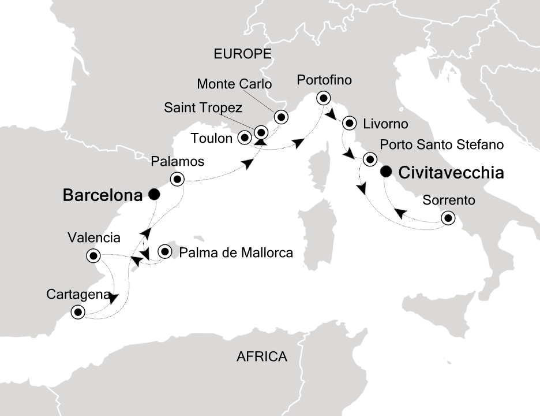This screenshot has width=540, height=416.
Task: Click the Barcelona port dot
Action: [x=153, y=195]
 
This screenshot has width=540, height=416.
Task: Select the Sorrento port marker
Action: [x=447, y=218]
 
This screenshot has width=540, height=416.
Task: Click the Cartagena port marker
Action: [x=77, y=313]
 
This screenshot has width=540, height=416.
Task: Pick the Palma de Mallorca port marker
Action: [x=166, y=251]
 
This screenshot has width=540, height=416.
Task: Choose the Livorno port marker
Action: [x=349, y=123]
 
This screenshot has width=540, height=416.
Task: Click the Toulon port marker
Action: [x=245, y=138]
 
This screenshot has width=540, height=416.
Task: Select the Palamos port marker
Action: [x=176, y=179]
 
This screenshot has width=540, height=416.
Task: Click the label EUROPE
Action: [x=242, y=54]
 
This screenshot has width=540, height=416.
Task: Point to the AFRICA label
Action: [x=262, y=356]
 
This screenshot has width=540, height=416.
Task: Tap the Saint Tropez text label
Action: [x=202, y=107]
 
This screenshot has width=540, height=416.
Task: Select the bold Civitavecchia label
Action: [x=451, y=172]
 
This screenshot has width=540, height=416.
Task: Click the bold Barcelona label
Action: [x=102, y=196]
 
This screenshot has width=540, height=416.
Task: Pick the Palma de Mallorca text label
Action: [x=237, y=252]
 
